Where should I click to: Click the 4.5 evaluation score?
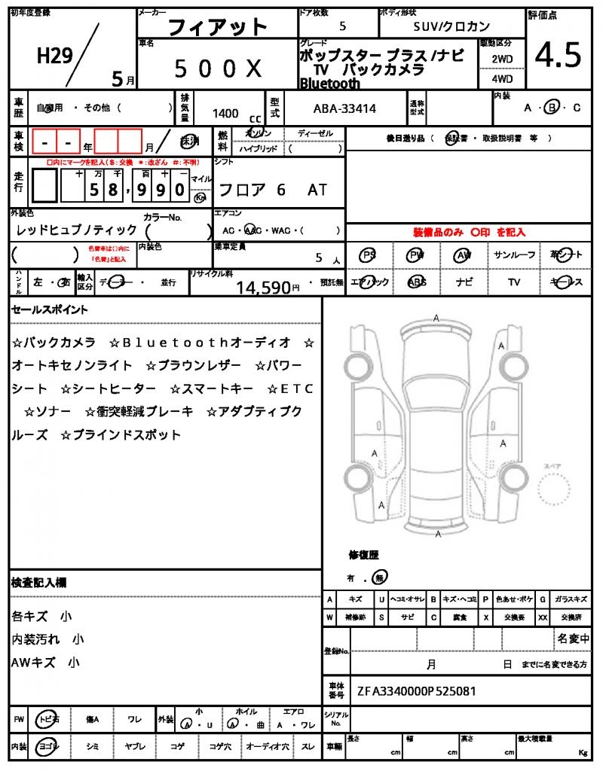pyautogui.click(x=558, y=54)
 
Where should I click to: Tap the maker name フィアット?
pyautogui.click(x=217, y=28)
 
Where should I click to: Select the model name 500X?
pyautogui.click(x=218, y=69)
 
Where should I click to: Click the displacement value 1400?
pyautogui.click(x=225, y=113)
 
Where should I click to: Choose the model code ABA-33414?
pyautogui.click(x=344, y=109)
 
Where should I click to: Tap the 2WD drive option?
pyautogui.click(x=503, y=58)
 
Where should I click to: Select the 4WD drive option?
pyautogui.click(x=503, y=78)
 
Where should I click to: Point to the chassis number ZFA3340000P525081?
pyautogui.click(x=416, y=690)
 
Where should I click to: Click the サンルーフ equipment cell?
pyautogui.click(x=514, y=255)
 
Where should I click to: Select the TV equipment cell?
pyautogui.click(x=514, y=282)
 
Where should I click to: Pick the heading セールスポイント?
pyautogui.click(x=50, y=309)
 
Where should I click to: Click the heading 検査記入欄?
pyautogui.click(x=38, y=583)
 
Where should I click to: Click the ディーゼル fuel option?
pyautogui.click(x=315, y=133)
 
